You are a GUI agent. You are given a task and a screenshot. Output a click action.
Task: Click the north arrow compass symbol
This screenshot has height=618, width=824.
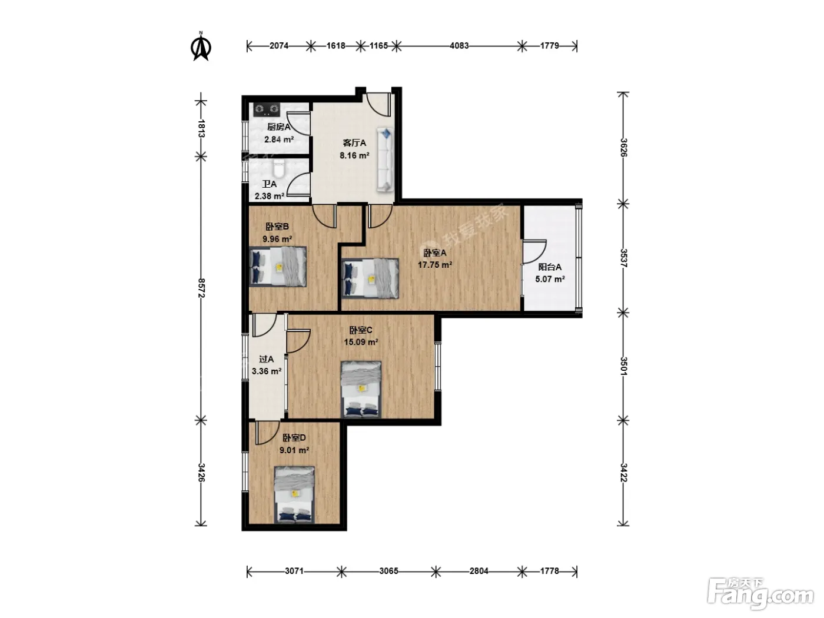201,46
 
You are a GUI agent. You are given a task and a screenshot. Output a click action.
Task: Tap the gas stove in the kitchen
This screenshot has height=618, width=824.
267,109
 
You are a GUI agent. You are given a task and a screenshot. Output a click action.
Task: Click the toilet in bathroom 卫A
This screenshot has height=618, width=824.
278,170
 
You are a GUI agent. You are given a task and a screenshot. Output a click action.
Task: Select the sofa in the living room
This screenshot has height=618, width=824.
385,160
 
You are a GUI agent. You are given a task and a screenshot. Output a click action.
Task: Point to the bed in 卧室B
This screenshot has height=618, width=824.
278,267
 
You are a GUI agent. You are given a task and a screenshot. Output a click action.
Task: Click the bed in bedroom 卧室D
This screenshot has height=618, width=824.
294,494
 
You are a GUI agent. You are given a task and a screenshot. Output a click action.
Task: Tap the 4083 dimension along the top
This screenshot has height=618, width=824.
459,46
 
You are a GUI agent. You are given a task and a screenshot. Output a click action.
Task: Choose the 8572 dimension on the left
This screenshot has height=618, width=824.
201,288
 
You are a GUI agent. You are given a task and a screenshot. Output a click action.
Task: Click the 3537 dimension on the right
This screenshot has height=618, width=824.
623,258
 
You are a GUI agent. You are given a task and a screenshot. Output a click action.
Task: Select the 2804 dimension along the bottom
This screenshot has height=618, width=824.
479,571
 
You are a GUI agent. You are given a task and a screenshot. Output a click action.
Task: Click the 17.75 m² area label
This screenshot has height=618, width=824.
435,264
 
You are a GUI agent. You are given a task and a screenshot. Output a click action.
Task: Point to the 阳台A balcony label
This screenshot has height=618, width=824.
550,267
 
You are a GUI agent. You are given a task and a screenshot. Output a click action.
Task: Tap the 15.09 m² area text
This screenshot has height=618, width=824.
361,342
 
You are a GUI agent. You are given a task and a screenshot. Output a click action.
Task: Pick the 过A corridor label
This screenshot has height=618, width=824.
266,359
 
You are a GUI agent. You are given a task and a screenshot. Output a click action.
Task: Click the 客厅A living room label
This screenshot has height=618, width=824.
354,142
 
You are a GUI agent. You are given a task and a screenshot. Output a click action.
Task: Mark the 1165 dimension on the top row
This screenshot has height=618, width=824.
378,46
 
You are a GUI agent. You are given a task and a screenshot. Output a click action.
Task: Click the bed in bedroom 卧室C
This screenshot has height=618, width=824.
361,390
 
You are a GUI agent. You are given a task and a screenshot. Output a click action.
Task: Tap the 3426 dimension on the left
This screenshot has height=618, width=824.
201,473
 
